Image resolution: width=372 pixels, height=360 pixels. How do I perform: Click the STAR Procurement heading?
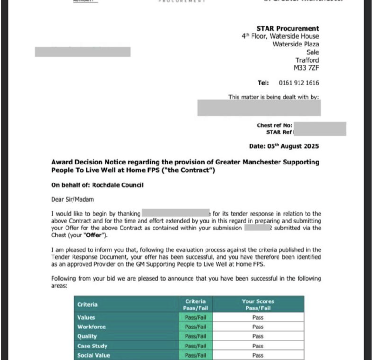pos(287,28)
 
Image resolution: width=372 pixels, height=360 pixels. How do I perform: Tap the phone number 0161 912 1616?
pos(299,83)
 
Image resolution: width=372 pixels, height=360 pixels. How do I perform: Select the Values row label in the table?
pos(86,318)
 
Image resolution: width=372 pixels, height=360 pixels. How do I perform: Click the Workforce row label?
pos(91,327)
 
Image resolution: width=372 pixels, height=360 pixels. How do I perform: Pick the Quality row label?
pos(87,336)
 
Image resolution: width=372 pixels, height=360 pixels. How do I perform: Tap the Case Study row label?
pos(92,346)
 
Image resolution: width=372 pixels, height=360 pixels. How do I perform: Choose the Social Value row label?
pos(94,355)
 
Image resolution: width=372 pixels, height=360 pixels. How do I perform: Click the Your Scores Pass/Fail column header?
pos(258,304)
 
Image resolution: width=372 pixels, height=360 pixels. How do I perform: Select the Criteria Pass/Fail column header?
pos(195,304)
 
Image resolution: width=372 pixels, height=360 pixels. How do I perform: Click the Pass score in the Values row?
pos(258,318)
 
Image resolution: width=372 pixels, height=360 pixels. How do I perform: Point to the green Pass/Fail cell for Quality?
pos(195,336)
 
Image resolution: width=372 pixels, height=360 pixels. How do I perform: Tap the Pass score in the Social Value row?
pos(258,355)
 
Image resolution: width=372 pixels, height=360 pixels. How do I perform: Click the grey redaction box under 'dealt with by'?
pos(259,108)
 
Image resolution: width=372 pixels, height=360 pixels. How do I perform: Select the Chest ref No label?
pos(274,125)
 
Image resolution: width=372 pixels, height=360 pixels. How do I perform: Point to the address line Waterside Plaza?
pos(295,45)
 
